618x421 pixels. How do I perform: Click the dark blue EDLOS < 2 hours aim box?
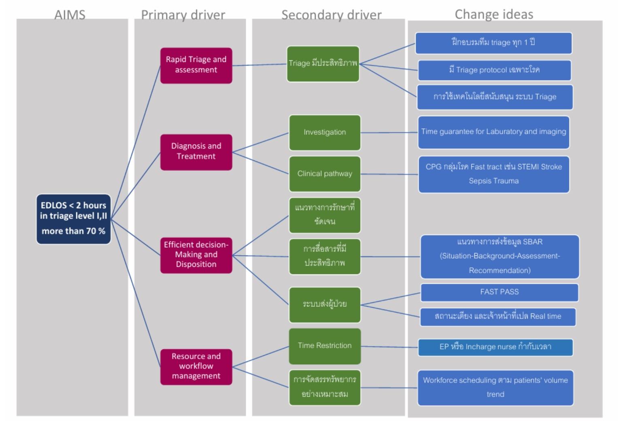click(73, 219)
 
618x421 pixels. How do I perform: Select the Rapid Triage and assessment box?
click(196, 65)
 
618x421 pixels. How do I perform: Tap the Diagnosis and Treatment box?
click(196, 152)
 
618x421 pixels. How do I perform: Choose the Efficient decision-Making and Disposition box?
click(196, 255)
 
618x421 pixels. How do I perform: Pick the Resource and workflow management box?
click(196, 366)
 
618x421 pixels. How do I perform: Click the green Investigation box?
click(325, 132)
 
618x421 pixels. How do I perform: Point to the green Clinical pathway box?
click(325, 174)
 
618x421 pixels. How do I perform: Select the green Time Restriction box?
click(325, 346)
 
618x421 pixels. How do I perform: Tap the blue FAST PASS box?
click(499, 292)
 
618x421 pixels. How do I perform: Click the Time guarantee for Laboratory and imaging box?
click(493, 132)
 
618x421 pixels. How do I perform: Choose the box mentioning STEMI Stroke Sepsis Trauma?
click(494, 174)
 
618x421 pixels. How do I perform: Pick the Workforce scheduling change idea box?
click(495, 387)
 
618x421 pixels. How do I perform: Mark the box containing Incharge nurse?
click(495, 347)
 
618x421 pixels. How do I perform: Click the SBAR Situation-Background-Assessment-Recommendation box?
click(500, 256)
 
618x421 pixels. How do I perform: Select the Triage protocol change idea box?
click(494, 70)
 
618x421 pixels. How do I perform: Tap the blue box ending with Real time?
click(498, 317)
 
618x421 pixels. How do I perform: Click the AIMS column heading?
click(70, 15)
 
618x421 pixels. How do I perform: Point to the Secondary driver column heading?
click(331, 15)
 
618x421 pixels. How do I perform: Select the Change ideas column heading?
click(494, 14)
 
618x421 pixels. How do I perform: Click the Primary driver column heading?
click(183, 15)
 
